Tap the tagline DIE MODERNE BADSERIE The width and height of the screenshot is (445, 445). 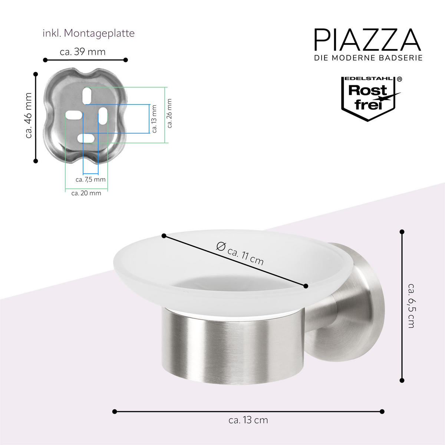pos(368,58)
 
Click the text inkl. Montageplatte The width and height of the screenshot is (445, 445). pos(88,33)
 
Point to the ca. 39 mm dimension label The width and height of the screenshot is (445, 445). pos(83,52)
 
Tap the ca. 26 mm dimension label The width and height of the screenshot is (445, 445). pos(169,113)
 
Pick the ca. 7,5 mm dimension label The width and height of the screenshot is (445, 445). pos(90,179)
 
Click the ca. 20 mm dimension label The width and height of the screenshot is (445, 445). pos(86,193)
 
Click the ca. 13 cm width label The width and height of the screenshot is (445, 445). pos(248,420)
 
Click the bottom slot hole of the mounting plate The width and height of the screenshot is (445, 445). pos(86,139)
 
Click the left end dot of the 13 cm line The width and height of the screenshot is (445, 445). pos(115,411)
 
